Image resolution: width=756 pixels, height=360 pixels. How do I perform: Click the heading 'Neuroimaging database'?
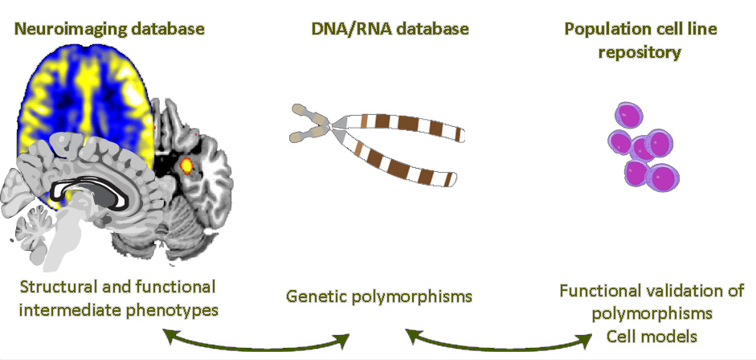[110, 30]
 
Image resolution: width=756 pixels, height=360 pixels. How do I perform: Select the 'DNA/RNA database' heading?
[390, 30]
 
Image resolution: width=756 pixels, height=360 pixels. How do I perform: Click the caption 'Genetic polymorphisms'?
[378, 297]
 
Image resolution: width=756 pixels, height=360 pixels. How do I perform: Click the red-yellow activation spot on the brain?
[187, 166]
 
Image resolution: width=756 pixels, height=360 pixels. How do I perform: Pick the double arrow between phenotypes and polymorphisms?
[256, 337]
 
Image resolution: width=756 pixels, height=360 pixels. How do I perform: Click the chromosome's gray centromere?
[336, 123]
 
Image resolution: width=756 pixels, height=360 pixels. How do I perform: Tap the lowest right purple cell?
[662, 178]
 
